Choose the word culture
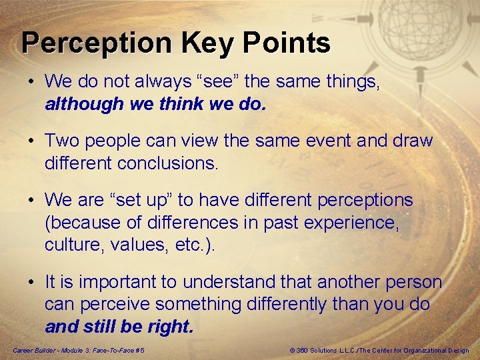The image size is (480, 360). (71, 245)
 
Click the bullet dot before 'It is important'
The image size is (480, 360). (31, 282)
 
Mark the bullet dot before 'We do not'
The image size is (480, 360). (31, 82)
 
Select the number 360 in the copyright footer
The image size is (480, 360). (303, 351)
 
